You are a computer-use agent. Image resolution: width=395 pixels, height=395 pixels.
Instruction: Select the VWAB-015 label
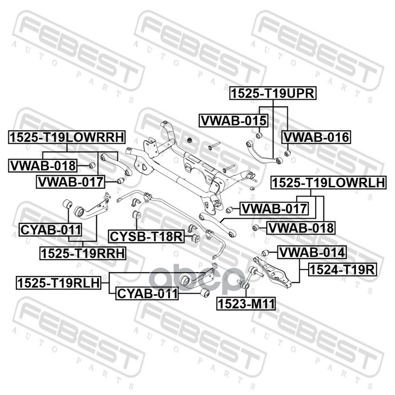pyautogui.click(x=233, y=120)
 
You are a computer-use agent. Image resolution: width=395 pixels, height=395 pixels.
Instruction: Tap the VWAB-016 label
pyautogui.click(x=316, y=137)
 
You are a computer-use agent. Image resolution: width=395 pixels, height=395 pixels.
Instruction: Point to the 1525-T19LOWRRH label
pyautogui.click(x=67, y=137)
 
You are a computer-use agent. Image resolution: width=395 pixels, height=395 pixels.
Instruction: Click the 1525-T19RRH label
pyautogui.click(x=83, y=253)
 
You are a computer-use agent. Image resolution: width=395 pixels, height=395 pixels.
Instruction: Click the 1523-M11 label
pyautogui.click(x=245, y=303)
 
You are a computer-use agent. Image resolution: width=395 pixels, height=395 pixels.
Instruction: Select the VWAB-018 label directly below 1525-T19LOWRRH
pyautogui.click(x=43, y=165)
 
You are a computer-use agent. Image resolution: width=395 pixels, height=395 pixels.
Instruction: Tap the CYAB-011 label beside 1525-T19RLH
pyautogui.click(x=146, y=294)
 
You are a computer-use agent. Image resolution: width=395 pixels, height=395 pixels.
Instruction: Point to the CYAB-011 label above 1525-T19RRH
pyautogui.click(x=50, y=229)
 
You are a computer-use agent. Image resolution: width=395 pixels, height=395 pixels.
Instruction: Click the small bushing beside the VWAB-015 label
pyautogui.click(x=258, y=135)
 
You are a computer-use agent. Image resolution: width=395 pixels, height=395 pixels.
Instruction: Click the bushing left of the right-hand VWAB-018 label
pyautogui.click(x=255, y=228)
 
